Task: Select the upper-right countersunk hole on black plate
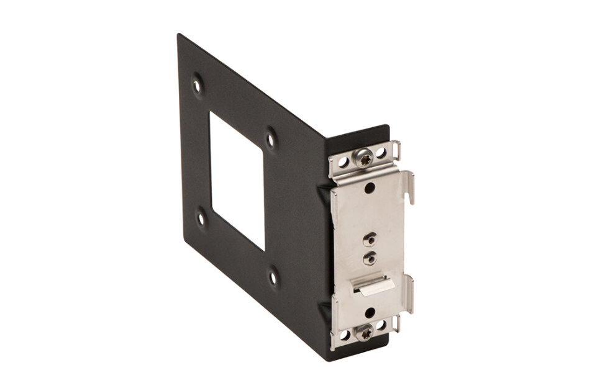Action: [270, 133]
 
